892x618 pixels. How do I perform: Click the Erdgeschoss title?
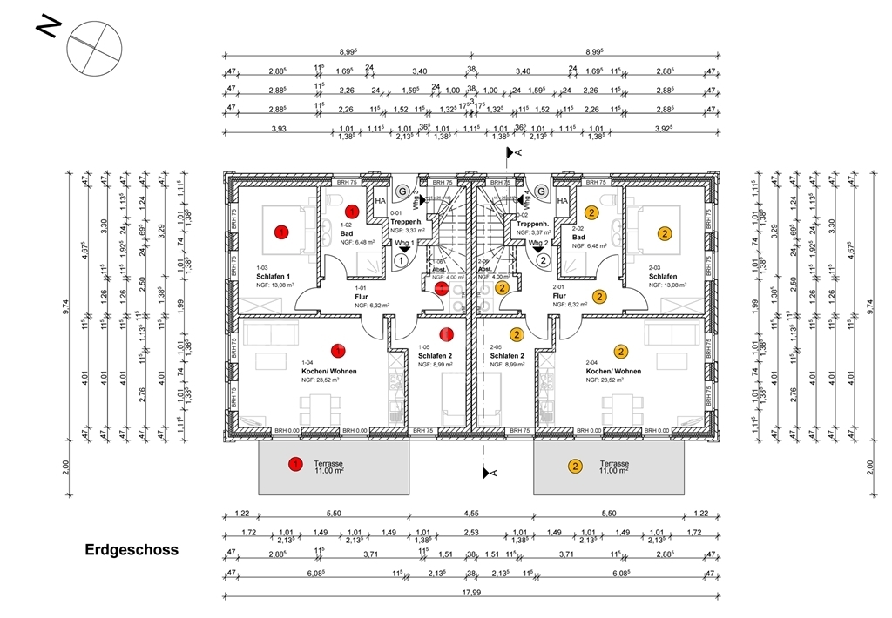tap(132, 550)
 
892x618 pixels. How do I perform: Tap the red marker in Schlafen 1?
tap(281, 232)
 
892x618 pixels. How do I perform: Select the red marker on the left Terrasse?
tap(295, 465)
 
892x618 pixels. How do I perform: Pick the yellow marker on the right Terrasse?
tap(575, 466)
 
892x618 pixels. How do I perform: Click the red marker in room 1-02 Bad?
tap(352, 212)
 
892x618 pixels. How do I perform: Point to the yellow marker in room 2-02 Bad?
tap(591, 212)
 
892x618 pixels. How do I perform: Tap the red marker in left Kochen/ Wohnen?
tap(339, 351)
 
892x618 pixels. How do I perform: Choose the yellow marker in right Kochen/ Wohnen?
tap(621, 352)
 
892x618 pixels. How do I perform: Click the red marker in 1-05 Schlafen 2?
tap(447, 333)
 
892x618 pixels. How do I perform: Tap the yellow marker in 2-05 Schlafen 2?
tap(517, 334)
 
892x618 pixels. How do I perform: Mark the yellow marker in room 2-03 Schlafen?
tap(664, 233)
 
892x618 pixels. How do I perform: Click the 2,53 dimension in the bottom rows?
tap(471, 533)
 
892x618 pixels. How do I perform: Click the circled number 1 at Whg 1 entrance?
tap(402, 259)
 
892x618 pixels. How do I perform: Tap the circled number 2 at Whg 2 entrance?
tap(541, 259)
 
